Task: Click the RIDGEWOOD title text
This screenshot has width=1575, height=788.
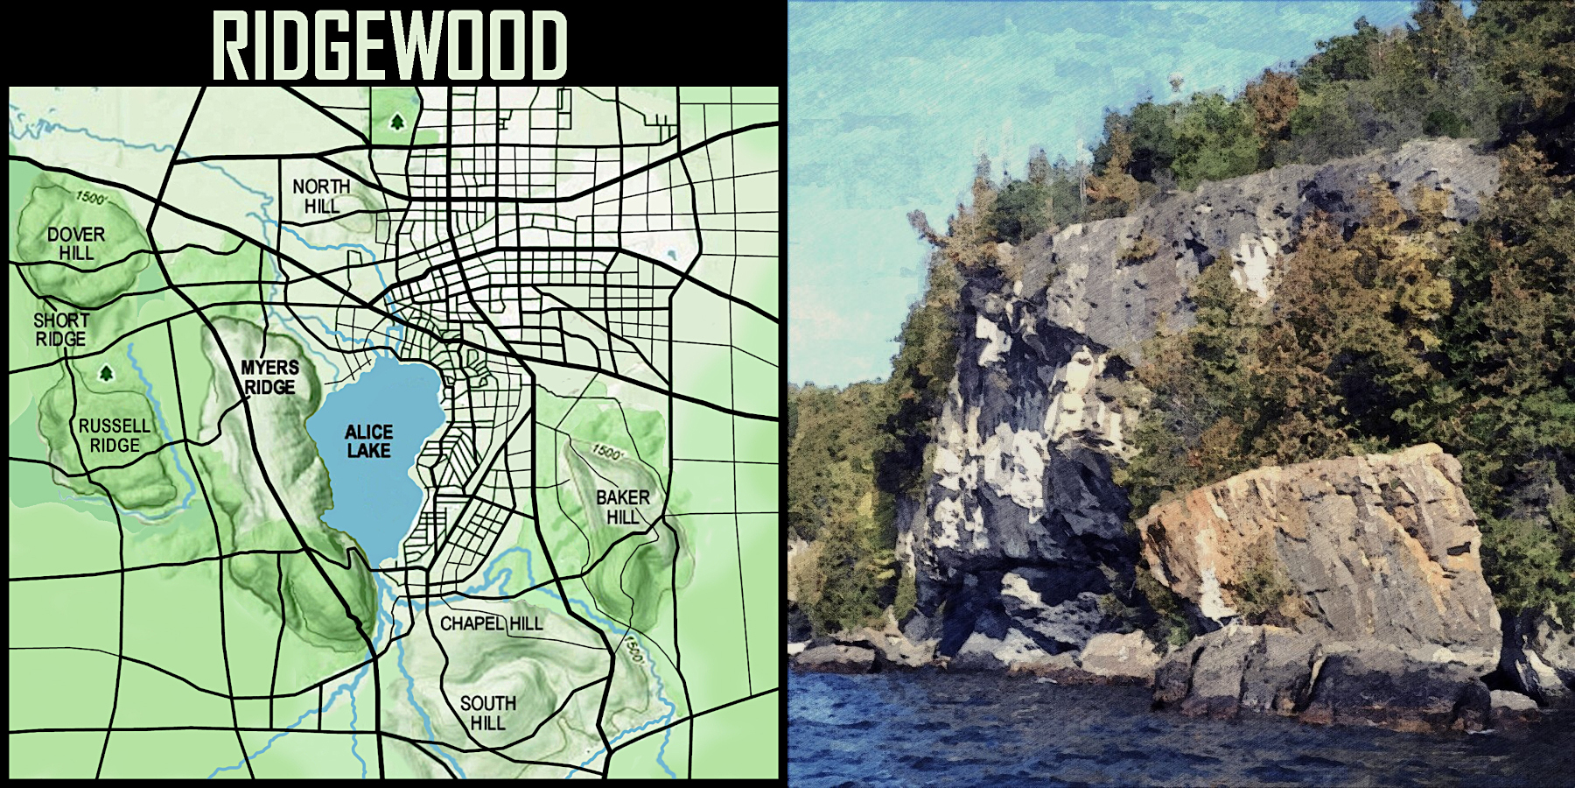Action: pos(390,46)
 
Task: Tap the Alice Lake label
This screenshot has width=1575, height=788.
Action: pos(368,441)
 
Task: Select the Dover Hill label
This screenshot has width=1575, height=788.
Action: pos(76,243)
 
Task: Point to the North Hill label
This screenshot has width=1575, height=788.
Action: pos(321,196)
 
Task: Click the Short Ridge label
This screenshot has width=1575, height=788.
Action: pos(61,329)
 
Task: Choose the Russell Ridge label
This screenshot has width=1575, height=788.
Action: pos(115,435)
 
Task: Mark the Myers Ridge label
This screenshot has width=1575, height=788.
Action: pos(269,377)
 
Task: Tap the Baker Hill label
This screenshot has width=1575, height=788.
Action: pos(623,507)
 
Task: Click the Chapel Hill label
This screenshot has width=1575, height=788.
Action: pos(491,623)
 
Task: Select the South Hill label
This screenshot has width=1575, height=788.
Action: pos(487,713)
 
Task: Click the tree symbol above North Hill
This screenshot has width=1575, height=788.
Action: pos(397,122)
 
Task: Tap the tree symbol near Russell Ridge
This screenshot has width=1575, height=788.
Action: pos(107,374)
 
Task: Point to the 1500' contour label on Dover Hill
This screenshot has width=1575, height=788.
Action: pos(91,197)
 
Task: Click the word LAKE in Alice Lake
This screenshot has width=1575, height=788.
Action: pos(368,451)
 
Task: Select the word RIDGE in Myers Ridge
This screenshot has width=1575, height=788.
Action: pos(269,387)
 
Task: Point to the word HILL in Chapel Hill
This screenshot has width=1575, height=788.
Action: pos(526,623)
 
